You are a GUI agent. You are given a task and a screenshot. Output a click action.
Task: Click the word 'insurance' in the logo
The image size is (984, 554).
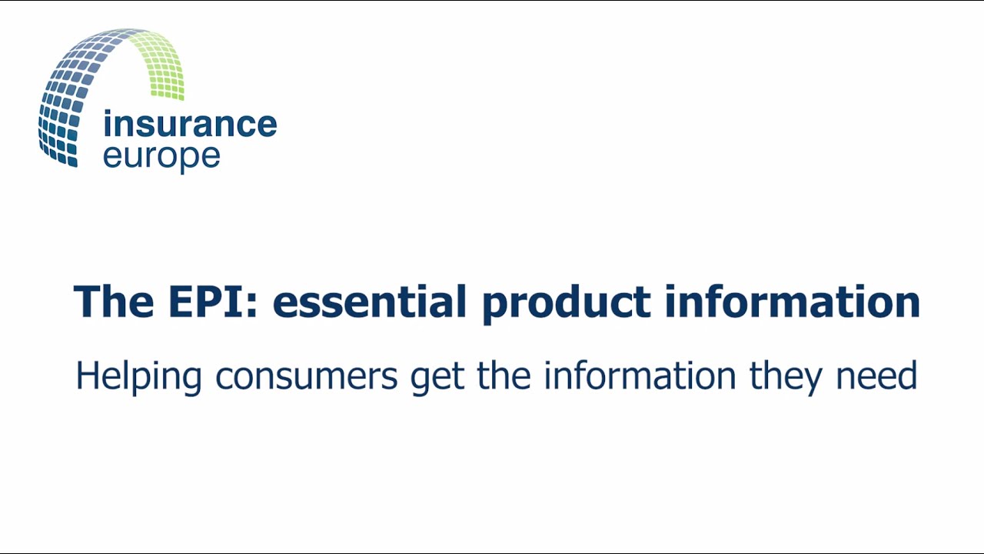pos(189,125)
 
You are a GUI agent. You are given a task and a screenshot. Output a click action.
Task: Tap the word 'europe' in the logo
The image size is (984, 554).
pos(161,156)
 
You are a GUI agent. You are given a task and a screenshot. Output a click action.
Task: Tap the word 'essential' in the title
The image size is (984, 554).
pos(369,301)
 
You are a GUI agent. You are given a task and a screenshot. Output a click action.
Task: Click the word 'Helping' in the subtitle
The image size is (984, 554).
pos(138,377)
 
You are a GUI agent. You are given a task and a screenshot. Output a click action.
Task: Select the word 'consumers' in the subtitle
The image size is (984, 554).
pos(306,377)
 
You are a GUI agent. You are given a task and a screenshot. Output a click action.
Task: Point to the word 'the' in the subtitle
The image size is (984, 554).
pos(504,376)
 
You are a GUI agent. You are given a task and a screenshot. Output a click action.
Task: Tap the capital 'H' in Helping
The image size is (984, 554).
pos(87,375)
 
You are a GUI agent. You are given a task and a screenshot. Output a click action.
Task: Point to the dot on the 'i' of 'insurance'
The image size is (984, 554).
pos(108,114)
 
